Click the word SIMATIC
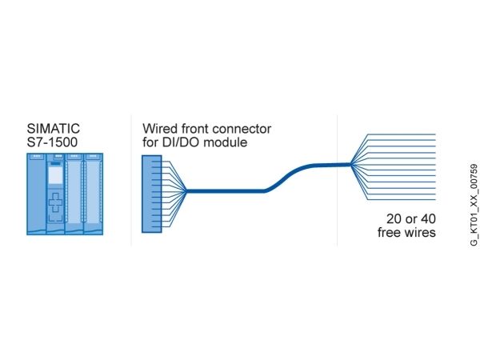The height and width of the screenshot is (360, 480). point(54,129)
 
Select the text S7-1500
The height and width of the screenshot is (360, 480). point(52,142)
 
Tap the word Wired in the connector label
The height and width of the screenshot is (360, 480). point(160,129)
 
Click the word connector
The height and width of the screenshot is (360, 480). point(242,129)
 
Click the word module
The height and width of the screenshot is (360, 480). point(226,142)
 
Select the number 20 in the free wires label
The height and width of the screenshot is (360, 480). point(394,219)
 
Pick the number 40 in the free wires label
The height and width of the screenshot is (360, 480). point(428,219)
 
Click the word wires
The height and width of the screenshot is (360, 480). point(420,232)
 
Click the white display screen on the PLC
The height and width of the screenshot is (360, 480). point(55,175)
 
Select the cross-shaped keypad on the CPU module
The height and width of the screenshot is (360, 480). point(55,202)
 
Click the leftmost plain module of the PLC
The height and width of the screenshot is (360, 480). point(37,194)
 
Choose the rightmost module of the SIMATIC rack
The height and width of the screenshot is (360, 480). point(94,194)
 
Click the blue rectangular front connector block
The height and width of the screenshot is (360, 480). point(151,194)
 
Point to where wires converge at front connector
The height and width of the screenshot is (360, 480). point(186,191)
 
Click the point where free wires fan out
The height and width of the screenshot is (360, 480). point(351,164)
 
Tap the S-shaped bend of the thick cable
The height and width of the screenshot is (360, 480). point(285,178)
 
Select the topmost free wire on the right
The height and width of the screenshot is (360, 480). point(401,134)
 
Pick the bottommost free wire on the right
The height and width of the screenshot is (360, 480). point(401,199)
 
